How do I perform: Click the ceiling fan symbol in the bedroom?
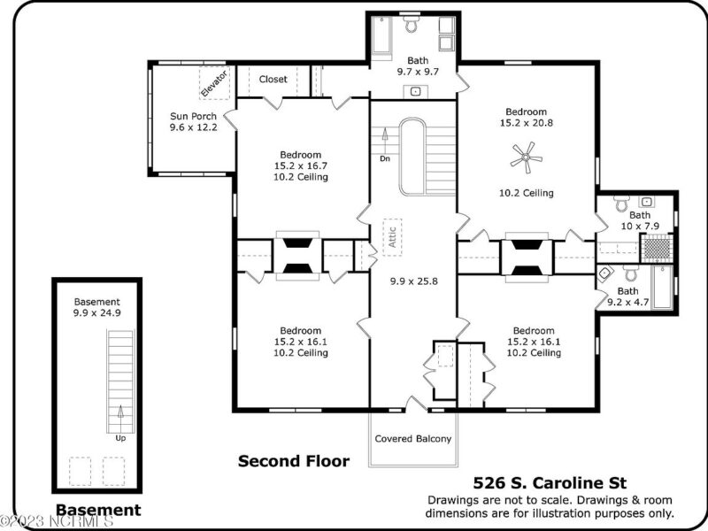pos(526,159)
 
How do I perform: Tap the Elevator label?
pos(214,83)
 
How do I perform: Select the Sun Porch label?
pos(194,116)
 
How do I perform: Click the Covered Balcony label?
pos(413,439)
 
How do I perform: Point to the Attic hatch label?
pos(390,236)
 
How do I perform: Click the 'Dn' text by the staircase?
pos(385,158)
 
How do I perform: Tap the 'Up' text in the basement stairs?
pos(119,437)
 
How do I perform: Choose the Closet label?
pos(273,80)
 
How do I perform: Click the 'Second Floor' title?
pos(294,461)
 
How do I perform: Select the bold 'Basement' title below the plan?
pos(98,510)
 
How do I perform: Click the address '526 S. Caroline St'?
pos(550,483)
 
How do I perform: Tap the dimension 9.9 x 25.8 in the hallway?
pos(412,281)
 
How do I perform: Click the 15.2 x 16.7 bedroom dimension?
pos(301,165)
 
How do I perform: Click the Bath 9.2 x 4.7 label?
pos(627,296)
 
